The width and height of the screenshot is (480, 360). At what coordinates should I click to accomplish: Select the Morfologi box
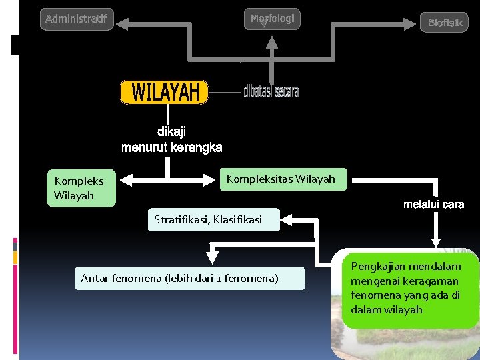tap(272, 19)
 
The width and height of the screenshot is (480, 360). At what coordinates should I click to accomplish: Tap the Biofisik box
tap(445, 23)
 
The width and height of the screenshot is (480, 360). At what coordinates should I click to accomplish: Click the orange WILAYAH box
tap(164, 93)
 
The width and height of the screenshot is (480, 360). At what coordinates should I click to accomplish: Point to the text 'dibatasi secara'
tap(271, 91)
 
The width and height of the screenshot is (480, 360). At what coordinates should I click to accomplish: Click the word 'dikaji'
tap(171, 131)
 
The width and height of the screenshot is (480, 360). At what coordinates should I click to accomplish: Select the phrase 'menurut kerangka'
tap(171, 147)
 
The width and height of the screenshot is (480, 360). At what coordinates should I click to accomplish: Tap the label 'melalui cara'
tap(433, 204)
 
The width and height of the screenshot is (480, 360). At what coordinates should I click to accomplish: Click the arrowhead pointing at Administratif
tap(124, 25)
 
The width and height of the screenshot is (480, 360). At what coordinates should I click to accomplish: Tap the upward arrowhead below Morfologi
tap(271, 42)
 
